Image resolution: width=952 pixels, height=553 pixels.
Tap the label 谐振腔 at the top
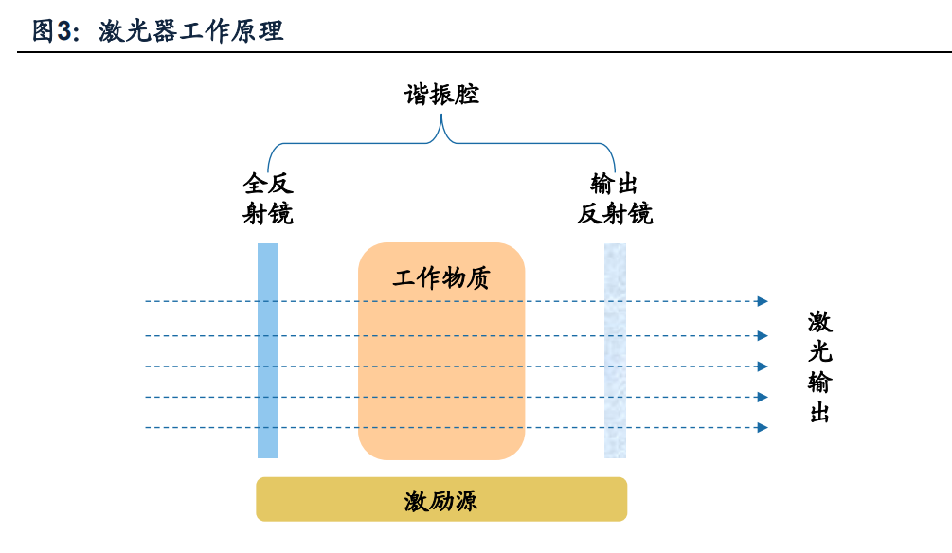(x=441, y=95)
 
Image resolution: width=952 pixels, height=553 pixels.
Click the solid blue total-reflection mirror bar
(x=268, y=350)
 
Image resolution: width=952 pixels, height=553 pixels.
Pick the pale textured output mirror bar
(x=615, y=350)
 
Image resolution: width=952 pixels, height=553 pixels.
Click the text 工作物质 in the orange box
(x=441, y=278)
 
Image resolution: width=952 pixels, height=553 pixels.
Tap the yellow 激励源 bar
(x=441, y=499)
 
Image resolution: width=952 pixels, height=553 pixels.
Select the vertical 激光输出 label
(x=820, y=367)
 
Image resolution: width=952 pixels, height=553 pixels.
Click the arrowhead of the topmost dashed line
(x=763, y=302)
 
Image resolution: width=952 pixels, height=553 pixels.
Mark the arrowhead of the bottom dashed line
(x=763, y=428)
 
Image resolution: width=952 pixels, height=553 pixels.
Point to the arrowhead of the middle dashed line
(x=763, y=366)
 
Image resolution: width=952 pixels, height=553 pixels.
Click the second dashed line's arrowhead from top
(x=763, y=335)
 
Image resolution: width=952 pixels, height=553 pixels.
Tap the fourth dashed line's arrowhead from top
(x=763, y=398)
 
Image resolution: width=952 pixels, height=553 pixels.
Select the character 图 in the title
(x=44, y=31)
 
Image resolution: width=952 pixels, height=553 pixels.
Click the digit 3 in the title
(x=63, y=31)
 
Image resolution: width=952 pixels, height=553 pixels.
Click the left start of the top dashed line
(x=148, y=302)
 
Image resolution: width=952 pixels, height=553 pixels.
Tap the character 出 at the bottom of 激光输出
(x=820, y=414)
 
